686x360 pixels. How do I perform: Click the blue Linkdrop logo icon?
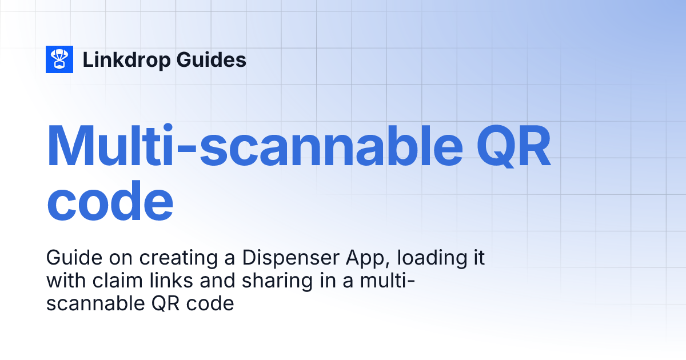coord(59,59)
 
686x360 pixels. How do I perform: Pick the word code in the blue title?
coord(109,203)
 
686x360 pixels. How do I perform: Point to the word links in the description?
coord(150,281)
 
